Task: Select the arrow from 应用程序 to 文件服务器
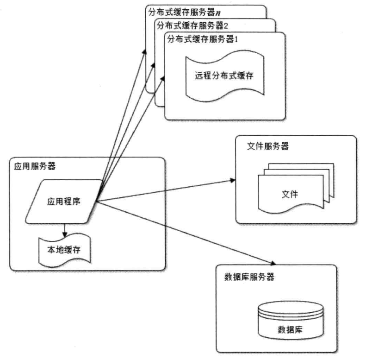[167, 190]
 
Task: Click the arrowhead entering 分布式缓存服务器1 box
[163, 79]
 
